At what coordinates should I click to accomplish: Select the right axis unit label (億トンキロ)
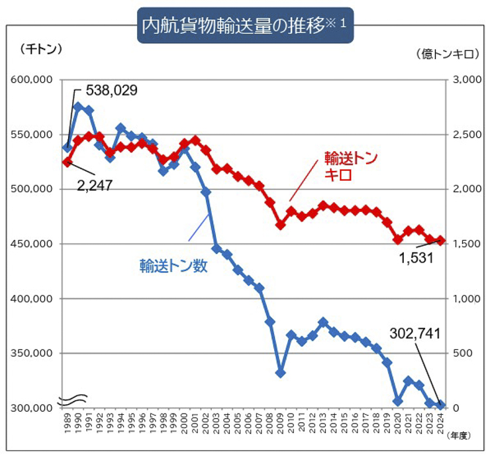pos(446,54)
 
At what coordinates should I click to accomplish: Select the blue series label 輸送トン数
pos(173,266)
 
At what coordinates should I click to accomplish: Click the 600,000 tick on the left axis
pos(33,80)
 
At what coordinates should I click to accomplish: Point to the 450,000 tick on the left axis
pos(33,244)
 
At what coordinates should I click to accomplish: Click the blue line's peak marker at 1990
pos(78,107)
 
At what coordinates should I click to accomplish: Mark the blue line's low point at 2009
pos(280,372)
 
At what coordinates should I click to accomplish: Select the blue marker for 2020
pos(397,401)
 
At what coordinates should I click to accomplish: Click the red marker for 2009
pos(280,225)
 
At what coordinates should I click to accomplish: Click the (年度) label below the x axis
pos(457,435)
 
